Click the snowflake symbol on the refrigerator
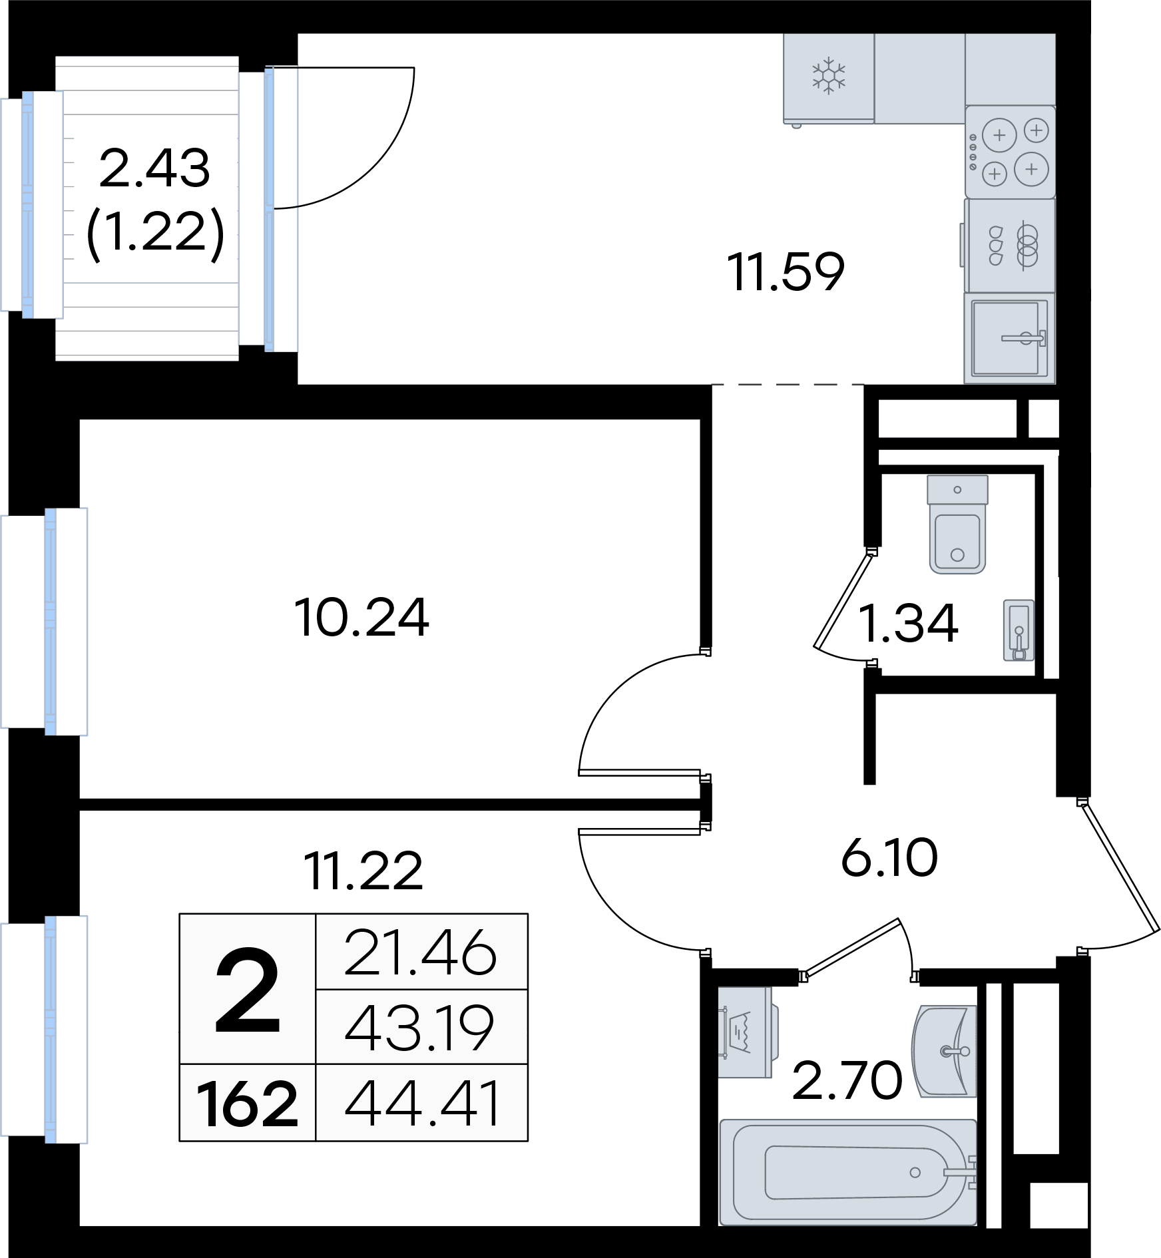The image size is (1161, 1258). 828,76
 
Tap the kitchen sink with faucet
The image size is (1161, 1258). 1009,338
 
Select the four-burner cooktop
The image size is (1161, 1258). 1011,152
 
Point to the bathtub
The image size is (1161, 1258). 848,1172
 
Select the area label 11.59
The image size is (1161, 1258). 786,272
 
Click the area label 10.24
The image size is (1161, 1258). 361,618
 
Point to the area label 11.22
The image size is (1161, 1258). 363,871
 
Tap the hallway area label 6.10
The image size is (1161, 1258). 889,858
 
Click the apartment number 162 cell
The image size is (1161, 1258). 248,1104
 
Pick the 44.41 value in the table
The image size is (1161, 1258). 422,1104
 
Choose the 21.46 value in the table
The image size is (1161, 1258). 421,953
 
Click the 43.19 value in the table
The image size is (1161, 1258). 420,1028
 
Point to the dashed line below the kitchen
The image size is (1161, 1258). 788,385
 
